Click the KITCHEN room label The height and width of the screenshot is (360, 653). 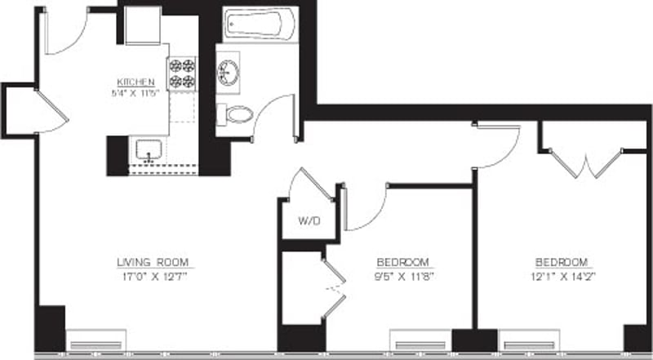coord(135,82)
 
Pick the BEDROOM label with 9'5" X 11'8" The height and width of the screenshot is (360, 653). coord(402,262)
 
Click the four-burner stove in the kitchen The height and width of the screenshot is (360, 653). coord(183,73)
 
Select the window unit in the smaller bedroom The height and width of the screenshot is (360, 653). coord(420,340)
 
